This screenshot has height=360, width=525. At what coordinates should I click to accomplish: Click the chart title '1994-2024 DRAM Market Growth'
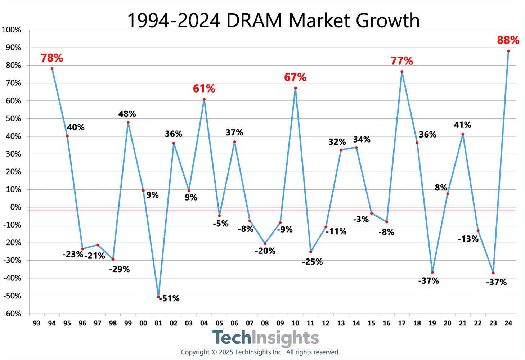point(273,21)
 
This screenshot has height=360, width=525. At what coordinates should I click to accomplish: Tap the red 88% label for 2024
point(508,40)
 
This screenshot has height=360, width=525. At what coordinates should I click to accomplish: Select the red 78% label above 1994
point(52,58)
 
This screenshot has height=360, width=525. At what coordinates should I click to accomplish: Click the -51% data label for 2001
point(169,298)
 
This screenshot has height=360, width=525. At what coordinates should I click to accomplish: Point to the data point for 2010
point(295,88)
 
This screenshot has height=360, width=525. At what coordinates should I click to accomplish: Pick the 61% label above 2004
point(204,89)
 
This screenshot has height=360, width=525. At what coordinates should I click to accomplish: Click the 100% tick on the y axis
point(12,30)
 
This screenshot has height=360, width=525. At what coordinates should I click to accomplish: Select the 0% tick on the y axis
point(15,207)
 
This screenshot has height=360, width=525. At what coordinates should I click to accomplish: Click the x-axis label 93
point(37,323)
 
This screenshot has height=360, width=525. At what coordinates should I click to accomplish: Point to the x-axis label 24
point(508,323)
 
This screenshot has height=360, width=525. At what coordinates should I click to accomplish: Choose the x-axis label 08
point(265,323)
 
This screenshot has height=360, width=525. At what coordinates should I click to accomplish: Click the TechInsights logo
point(265,338)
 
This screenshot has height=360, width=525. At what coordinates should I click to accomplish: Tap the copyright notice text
point(260,352)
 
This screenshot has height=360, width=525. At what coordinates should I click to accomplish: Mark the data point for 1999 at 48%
point(128,122)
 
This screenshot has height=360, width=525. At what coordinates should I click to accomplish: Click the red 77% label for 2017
point(401,61)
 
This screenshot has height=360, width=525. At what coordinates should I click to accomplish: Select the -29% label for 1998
point(119,269)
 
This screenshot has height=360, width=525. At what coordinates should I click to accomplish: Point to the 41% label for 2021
point(462,125)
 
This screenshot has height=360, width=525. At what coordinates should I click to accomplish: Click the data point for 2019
point(432,273)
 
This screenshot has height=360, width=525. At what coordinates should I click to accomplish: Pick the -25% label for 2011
point(312,262)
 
